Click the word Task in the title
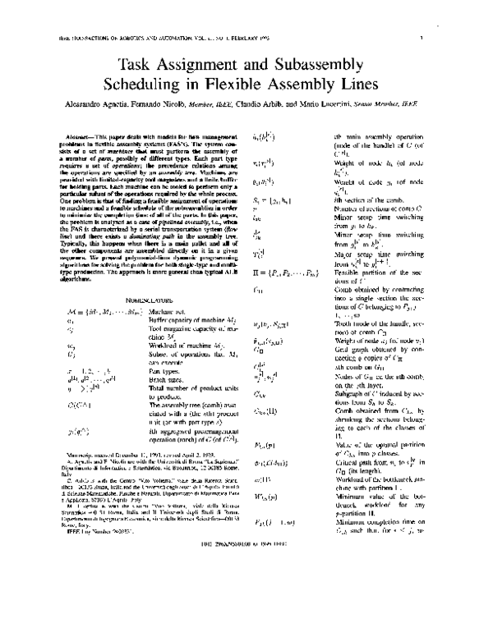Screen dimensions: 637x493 (x=137, y=64)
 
